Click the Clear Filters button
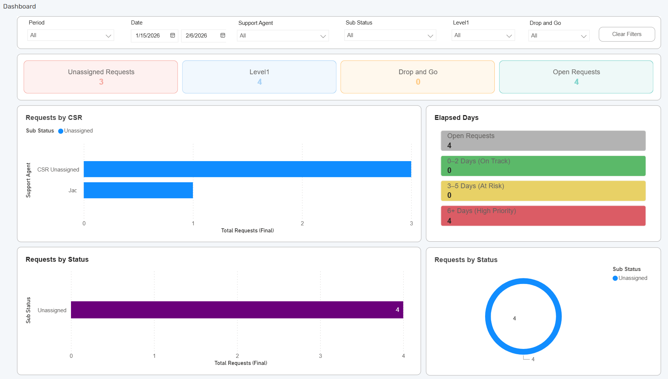pyautogui.click(x=626, y=34)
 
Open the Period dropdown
pyautogui.click(x=71, y=35)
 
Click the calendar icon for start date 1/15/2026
pyautogui.click(x=172, y=35)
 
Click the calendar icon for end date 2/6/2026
pyautogui.click(x=223, y=35)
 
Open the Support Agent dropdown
pyautogui.click(x=283, y=36)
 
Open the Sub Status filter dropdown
pyautogui.click(x=390, y=35)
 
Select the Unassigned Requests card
pyautogui.click(x=101, y=77)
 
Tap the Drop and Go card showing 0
pyautogui.click(x=417, y=77)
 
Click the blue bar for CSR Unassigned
pyautogui.click(x=247, y=169)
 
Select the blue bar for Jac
pyautogui.click(x=138, y=190)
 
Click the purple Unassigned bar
pyautogui.click(x=237, y=310)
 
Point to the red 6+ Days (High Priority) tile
pyautogui.click(x=543, y=216)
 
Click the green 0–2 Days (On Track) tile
pyautogui.click(x=543, y=166)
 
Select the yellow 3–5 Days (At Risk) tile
pyautogui.click(x=543, y=191)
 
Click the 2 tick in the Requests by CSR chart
pyautogui.click(x=302, y=223)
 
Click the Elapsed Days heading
pyautogui.click(x=456, y=118)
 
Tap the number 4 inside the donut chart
pyautogui.click(x=514, y=318)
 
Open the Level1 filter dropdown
pyautogui.click(x=483, y=35)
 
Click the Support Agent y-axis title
pyautogui.click(x=28, y=180)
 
